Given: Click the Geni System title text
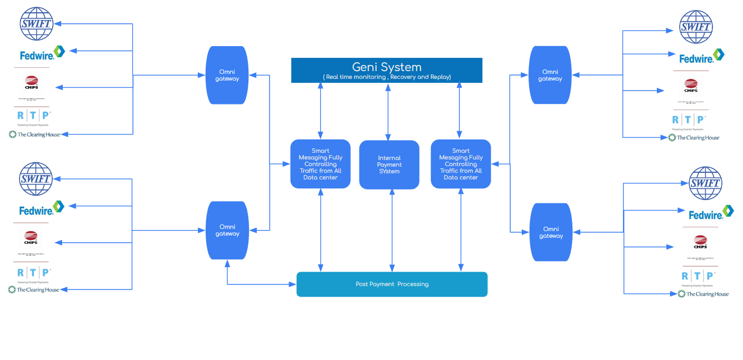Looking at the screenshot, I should click(387, 67).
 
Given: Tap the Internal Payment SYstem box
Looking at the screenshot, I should click(389, 164).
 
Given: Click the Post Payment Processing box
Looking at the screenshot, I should click(392, 284).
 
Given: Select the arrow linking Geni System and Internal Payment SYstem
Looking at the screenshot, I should click(388, 111).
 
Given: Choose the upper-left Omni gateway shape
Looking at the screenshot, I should click(227, 75).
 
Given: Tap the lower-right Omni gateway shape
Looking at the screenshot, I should click(551, 232).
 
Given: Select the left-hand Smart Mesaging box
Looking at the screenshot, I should click(320, 164).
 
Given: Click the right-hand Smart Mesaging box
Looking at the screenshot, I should click(461, 164).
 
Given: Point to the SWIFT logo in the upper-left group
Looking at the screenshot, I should click(36, 23).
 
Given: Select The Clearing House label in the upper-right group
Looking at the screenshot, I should click(694, 137).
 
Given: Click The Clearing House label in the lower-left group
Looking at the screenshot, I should click(34, 289).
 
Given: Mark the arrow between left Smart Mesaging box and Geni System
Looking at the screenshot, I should click(321, 111).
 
